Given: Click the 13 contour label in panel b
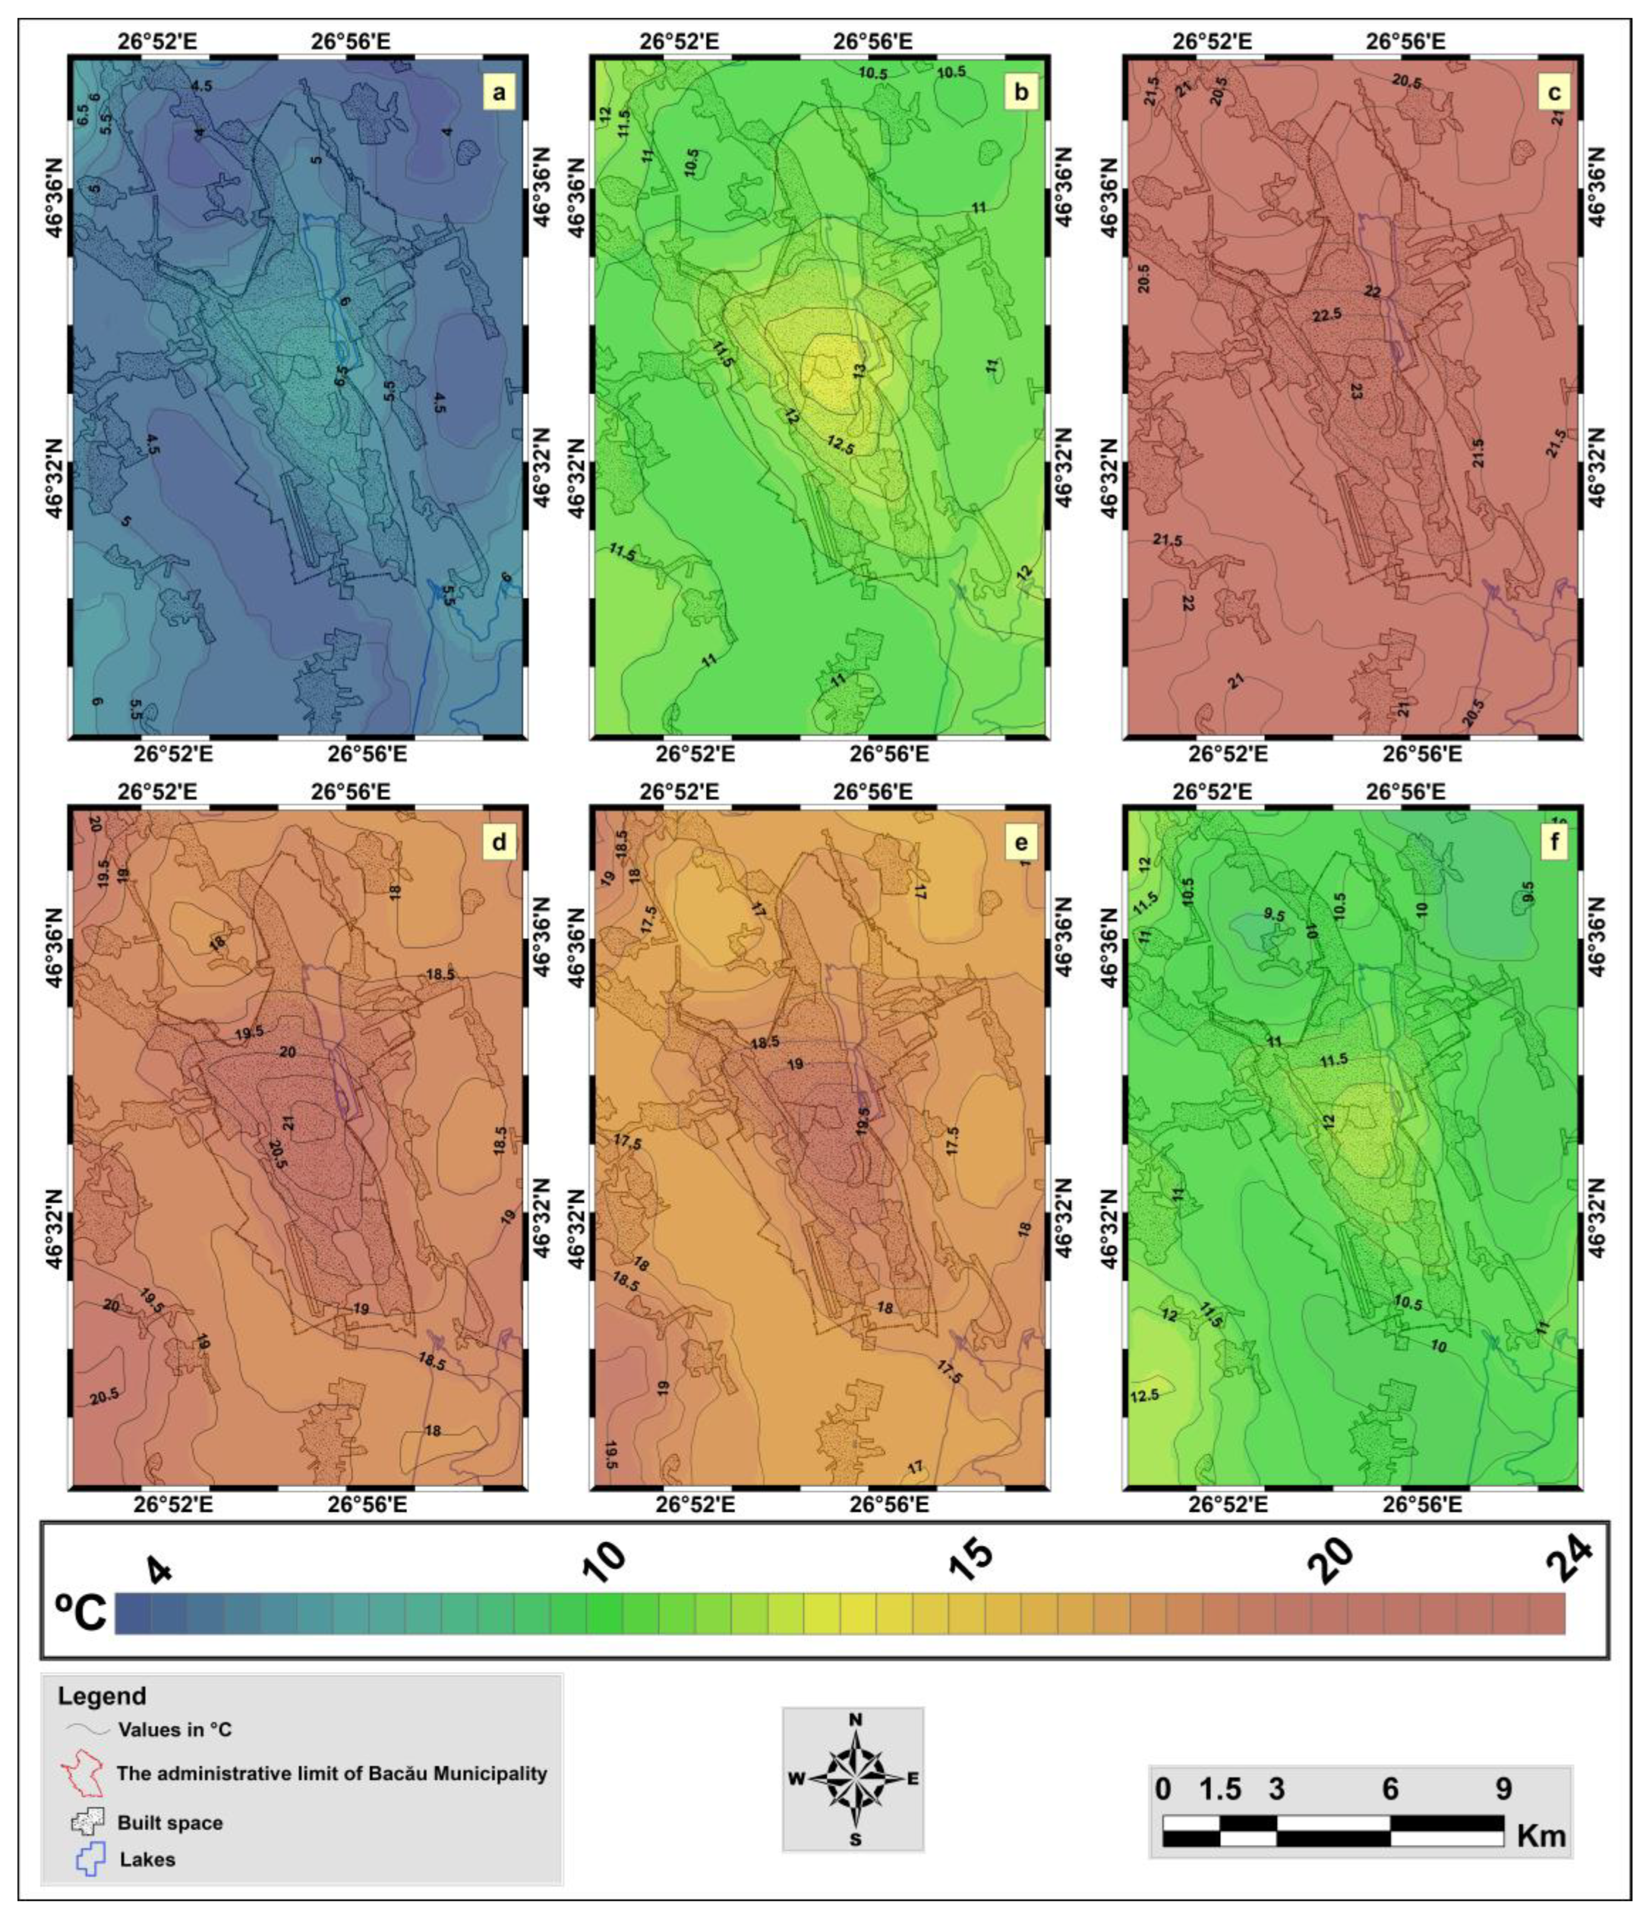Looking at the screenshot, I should click(859, 371).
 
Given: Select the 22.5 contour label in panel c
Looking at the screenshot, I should click(1327, 315).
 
